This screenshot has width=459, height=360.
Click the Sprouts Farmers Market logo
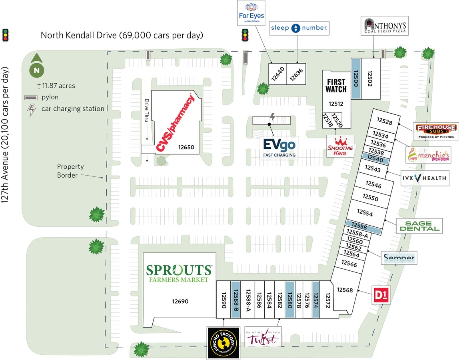(x=179, y=273)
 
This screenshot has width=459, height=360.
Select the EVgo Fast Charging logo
(x=279, y=148)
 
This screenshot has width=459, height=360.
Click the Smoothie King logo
(x=340, y=146)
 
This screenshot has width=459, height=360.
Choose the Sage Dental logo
(x=419, y=226)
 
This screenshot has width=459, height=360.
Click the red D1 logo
(x=381, y=295)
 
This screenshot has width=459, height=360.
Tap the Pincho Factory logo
(x=223, y=342)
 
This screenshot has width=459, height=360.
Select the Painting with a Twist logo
(x=263, y=336)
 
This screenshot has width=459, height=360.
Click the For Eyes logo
(x=251, y=13)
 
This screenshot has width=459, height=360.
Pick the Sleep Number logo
(x=299, y=28)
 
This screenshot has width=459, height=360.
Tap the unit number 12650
(x=186, y=147)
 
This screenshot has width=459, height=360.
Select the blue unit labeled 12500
(x=356, y=78)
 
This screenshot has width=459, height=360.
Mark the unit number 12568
(x=345, y=290)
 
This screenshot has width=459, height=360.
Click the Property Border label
(x=70, y=171)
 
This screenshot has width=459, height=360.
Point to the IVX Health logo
(x=424, y=178)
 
